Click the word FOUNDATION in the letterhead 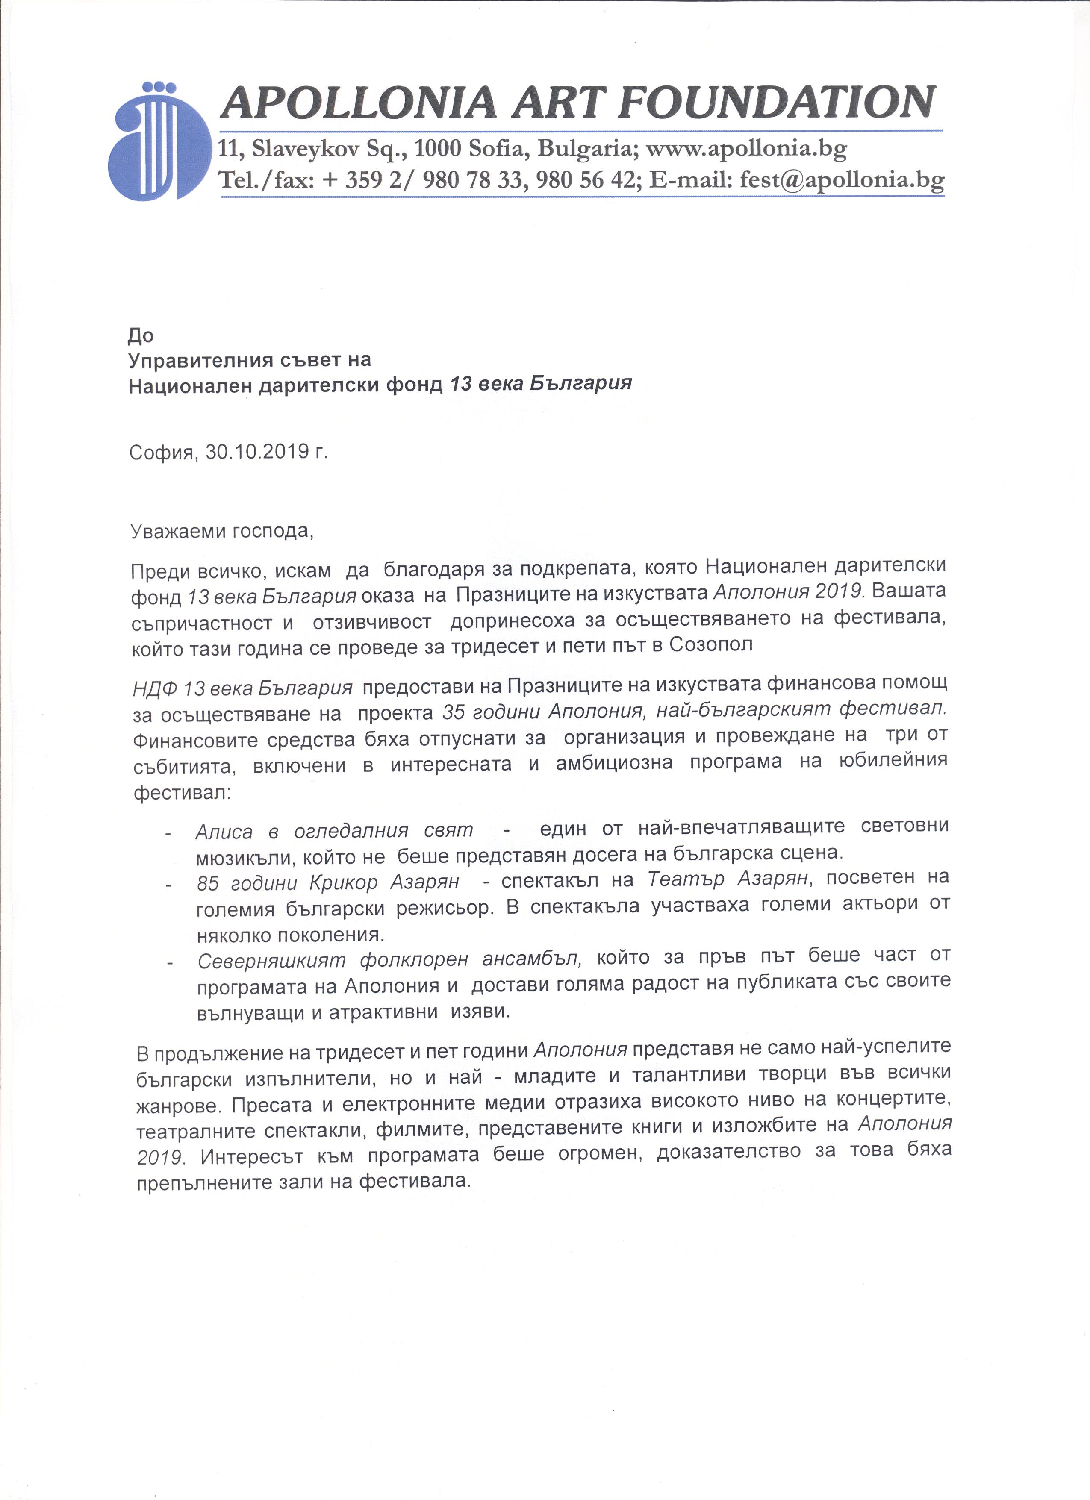point(781,103)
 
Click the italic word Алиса point(224,830)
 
